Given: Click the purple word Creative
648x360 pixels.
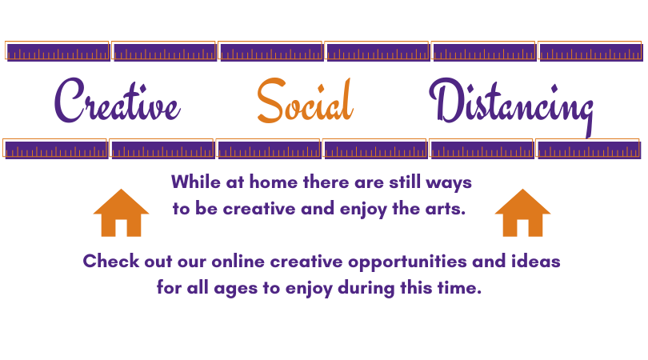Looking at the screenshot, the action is click(x=118, y=101).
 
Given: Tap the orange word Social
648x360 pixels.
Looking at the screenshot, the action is click(x=305, y=101).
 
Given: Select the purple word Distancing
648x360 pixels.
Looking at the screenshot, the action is click(x=512, y=106).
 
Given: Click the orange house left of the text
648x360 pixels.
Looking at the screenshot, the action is click(x=121, y=213).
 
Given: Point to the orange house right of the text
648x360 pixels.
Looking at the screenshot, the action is click(x=522, y=213).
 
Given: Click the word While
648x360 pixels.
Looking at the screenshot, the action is click(x=196, y=182).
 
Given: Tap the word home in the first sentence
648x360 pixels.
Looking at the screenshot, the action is click(x=273, y=182).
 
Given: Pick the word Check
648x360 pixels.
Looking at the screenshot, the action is click(x=110, y=262).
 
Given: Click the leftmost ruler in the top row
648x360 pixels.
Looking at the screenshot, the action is click(x=58, y=51).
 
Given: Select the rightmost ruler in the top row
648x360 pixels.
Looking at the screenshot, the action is click(x=590, y=51).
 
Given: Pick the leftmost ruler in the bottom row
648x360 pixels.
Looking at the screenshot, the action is click(x=55, y=149).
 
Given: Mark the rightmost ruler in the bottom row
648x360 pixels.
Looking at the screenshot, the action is click(x=589, y=149).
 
